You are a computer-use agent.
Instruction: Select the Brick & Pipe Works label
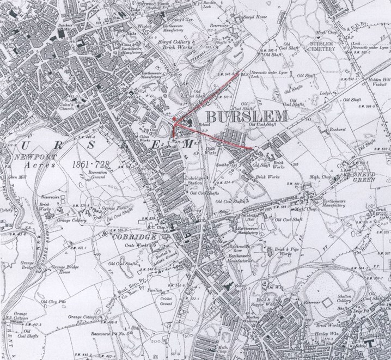pyautogui.click(x=289, y=252)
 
